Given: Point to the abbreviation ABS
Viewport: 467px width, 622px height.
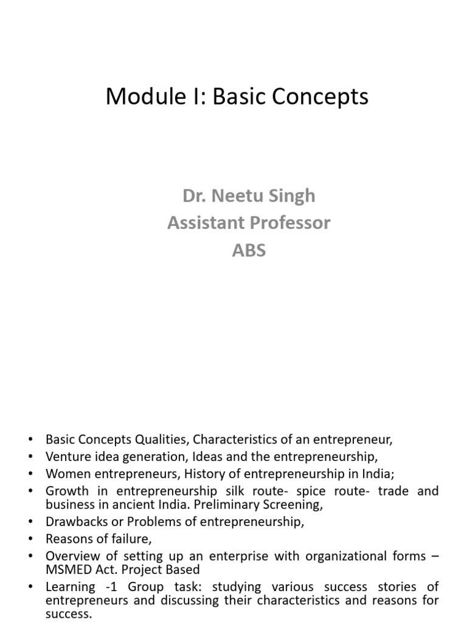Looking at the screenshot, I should tap(249, 250).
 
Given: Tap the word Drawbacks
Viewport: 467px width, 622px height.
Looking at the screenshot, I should tap(74, 521).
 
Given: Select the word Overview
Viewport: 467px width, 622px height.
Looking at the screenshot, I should tap(71, 555).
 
